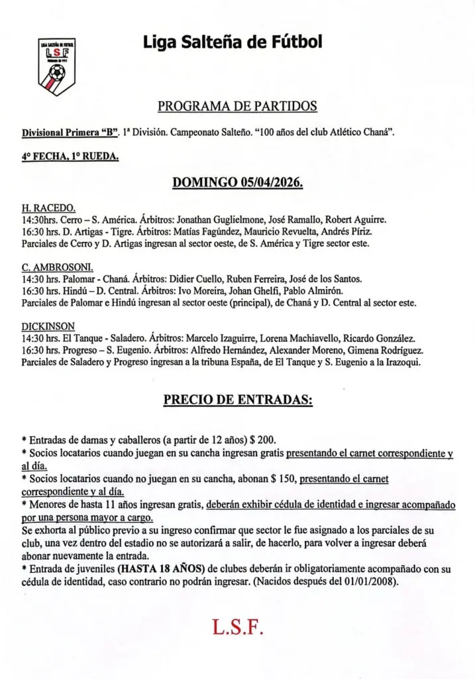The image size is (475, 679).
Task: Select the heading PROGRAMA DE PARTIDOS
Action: coord(237,106)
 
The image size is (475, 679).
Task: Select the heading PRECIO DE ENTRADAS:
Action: coord(238,401)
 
